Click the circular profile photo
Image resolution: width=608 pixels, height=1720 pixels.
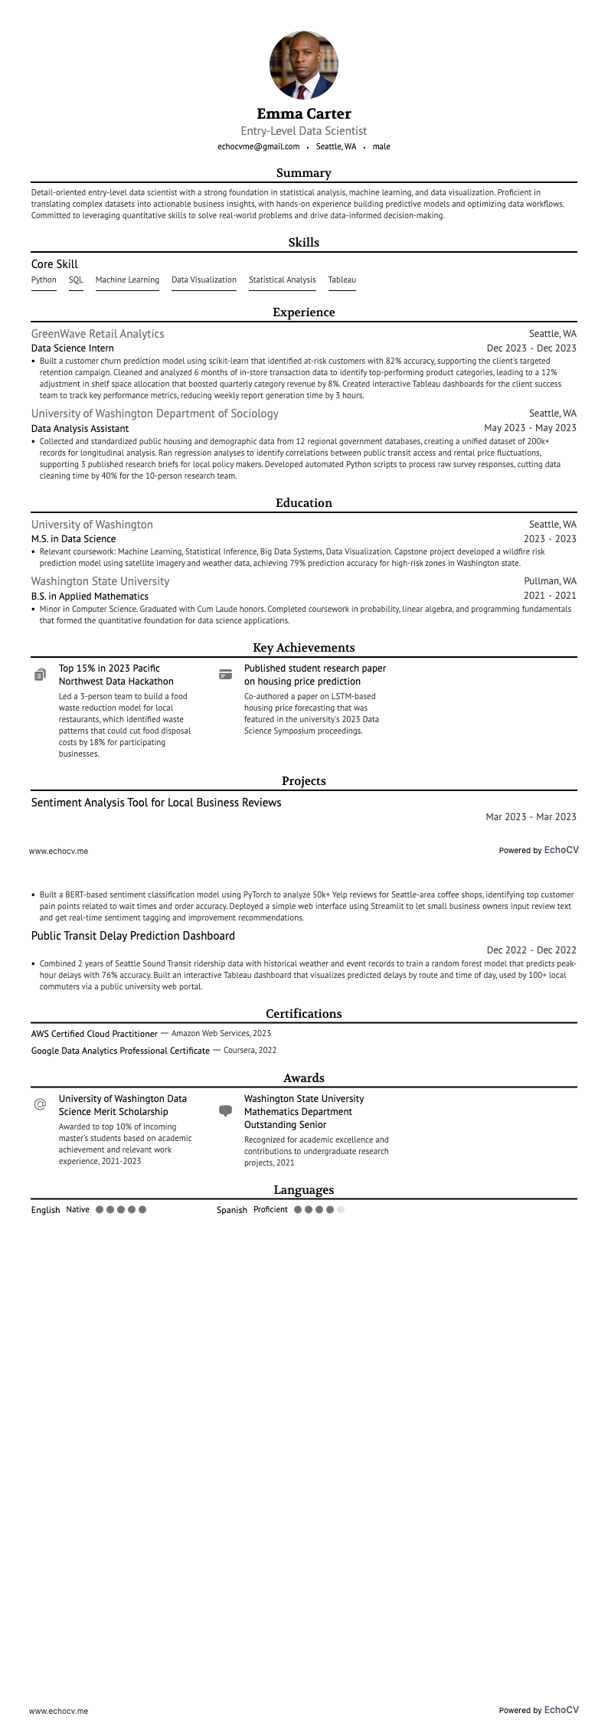tap(304, 65)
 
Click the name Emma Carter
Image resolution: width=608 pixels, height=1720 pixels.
tap(304, 114)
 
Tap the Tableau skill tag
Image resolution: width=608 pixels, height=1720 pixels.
tap(342, 280)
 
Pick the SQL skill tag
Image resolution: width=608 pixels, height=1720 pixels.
tap(76, 280)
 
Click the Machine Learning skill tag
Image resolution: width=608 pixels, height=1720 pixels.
tap(127, 280)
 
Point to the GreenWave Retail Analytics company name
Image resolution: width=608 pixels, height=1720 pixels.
tap(97, 334)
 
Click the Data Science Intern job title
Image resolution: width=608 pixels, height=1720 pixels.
tap(73, 348)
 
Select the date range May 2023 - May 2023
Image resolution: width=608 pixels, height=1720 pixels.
tap(530, 428)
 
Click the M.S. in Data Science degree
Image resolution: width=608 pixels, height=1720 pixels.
tap(74, 539)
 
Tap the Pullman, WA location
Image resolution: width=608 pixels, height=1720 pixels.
tap(550, 581)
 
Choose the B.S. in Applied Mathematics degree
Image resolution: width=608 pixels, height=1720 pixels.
tap(90, 597)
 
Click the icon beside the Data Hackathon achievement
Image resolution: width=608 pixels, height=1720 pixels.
tap(40, 675)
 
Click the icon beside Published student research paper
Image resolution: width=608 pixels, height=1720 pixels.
tap(225, 675)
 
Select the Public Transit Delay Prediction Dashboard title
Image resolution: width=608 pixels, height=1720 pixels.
tap(133, 936)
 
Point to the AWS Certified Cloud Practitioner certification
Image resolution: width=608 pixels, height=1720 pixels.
tap(94, 1034)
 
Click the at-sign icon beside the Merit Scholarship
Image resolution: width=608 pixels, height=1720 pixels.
tap(40, 1105)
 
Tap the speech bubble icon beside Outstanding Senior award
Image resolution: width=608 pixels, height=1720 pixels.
tap(225, 1110)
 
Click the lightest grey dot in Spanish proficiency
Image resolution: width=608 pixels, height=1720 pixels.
tap(341, 1210)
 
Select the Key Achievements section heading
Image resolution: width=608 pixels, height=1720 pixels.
tap(304, 648)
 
